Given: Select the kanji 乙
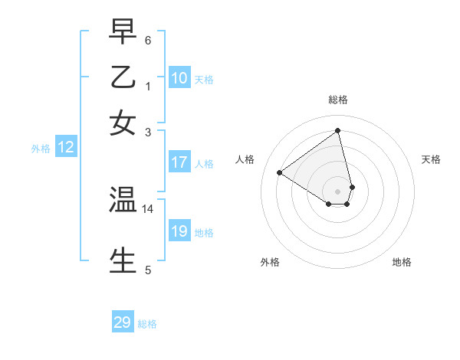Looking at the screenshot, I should click(123, 77).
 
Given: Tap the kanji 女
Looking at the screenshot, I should click(123, 123).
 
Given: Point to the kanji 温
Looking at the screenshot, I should click(123, 200).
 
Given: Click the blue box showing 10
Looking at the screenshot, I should click(179, 78).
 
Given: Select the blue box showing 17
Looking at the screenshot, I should click(179, 162).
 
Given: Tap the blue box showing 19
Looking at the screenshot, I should click(179, 231).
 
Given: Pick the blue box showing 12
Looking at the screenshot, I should click(66, 148).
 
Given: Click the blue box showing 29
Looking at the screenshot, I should click(123, 322).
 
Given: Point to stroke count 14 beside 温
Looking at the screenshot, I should click(148, 208).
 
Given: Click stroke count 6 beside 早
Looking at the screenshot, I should click(148, 39).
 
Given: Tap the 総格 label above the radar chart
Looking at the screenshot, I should click(338, 100).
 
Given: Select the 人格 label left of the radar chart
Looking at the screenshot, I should click(245, 159).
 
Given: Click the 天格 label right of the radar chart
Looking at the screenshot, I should click(432, 159).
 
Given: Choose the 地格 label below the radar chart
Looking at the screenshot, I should click(402, 262).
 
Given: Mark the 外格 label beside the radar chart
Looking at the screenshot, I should click(270, 262).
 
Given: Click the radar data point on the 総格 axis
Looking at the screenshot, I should click(338, 131).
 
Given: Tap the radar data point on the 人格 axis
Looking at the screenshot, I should click(280, 173).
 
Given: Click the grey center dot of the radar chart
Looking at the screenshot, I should click(338, 191).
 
